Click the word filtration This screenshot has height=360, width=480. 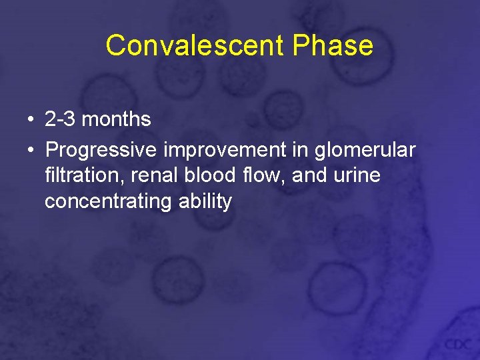[82, 175]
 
